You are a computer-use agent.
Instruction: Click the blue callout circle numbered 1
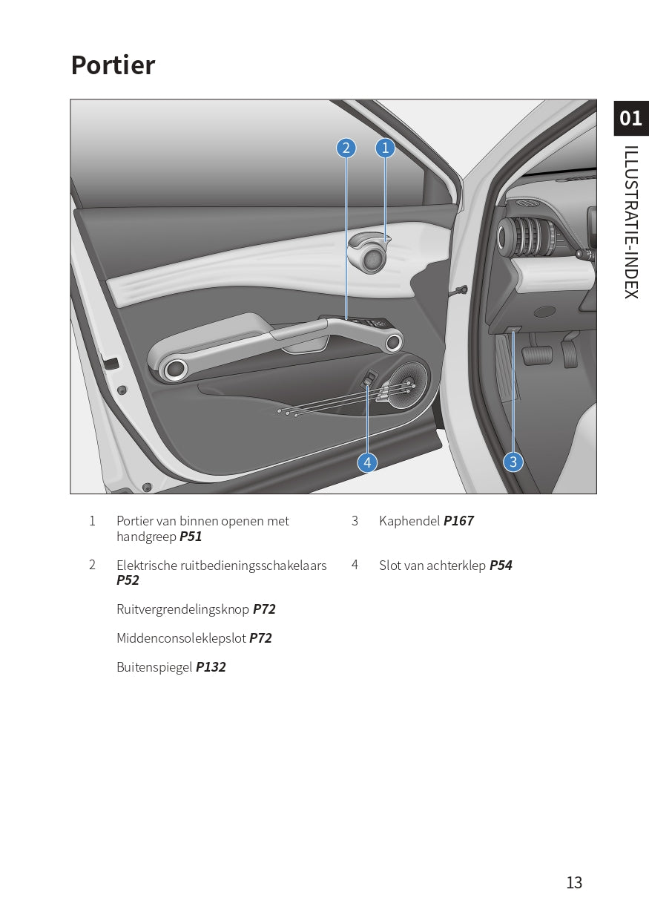[x=385, y=148]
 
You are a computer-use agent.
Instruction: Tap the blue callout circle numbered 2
[x=346, y=148]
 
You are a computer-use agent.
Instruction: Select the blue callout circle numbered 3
[x=513, y=462]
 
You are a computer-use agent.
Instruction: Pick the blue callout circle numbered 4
[x=367, y=462]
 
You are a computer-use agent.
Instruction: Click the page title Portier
[x=113, y=65]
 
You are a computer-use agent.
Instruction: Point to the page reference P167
[x=458, y=521]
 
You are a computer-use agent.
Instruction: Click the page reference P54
[x=501, y=566]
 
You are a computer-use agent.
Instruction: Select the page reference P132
[x=211, y=667]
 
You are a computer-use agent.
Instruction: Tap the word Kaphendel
[x=409, y=521]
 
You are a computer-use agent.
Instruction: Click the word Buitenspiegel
[x=154, y=667]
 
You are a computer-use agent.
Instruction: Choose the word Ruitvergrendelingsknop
[x=183, y=609]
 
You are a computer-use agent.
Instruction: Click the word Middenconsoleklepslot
[x=181, y=638]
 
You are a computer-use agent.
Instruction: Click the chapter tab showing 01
[x=631, y=119]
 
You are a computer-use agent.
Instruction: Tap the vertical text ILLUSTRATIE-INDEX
[x=631, y=222]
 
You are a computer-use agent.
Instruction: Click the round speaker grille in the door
[x=405, y=385]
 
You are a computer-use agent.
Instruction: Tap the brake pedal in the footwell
[x=537, y=355]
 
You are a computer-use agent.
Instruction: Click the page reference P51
[x=191, y=537]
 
